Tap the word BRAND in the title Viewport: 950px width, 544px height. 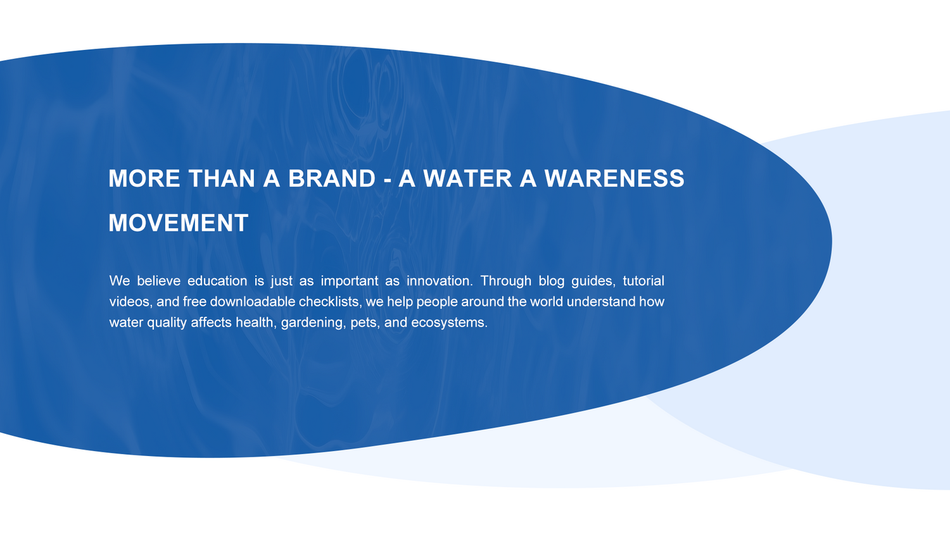pyautogui.click(x=332, y=178)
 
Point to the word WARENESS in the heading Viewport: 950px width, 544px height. pyautogui.click(x=614, y=178)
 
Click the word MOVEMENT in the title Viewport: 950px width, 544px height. pyautogui.click(x=178, y=223)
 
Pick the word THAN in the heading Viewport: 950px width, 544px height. pyautogui.click(x=222, y=178)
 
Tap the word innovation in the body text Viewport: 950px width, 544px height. pyautogui.click(x=440, y=281)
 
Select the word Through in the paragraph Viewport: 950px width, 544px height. pyautogui.click(x=505, y=281)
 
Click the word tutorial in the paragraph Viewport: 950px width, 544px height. pyautogui.click(x=643, y=281)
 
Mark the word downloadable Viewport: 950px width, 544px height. pyautogui.click(x=252, y=302)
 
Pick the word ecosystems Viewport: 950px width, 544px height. pyautogui.click(x=449, y=323)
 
